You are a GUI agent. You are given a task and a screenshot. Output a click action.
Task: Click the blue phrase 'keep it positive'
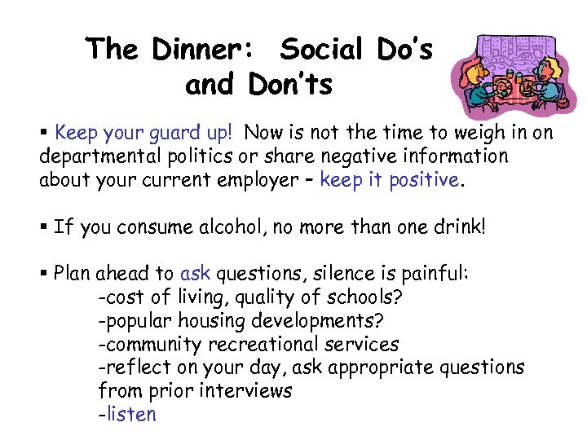(x=390, y=180)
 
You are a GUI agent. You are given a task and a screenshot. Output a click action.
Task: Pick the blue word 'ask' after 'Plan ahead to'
(x=195, y=274)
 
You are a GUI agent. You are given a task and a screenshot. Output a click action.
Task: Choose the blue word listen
(x=130, y=415)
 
